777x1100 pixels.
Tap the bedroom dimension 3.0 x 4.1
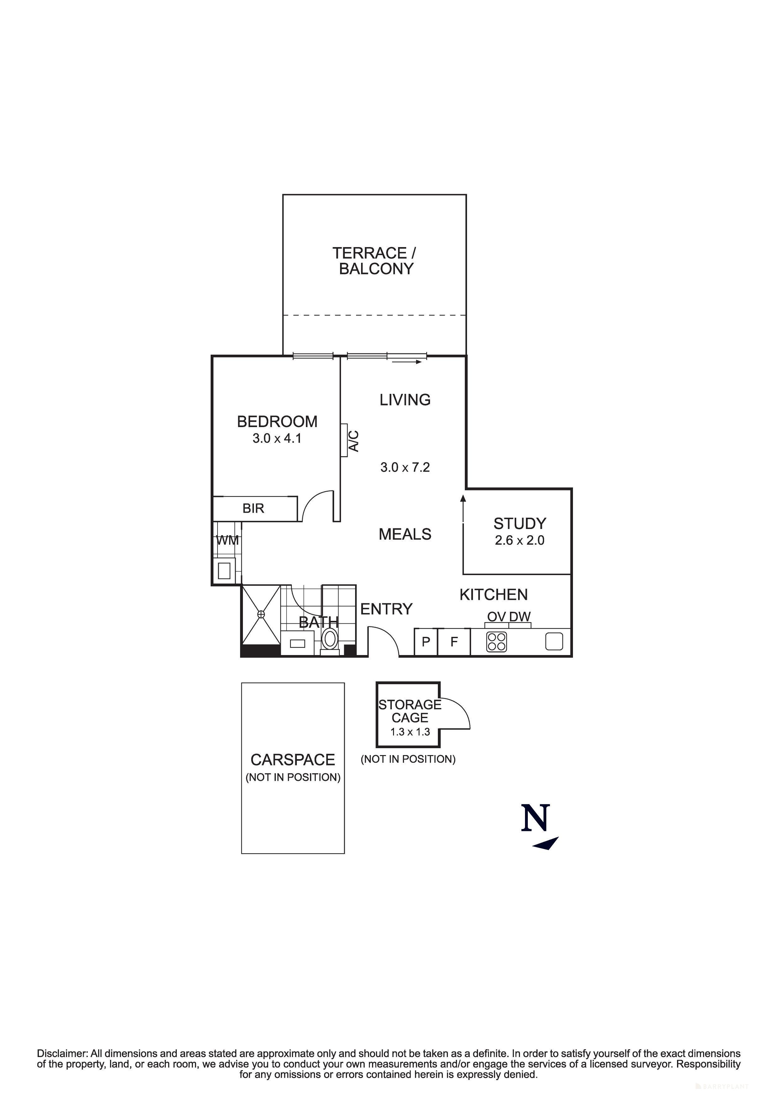(x=277, y=438)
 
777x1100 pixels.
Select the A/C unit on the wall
(x=344, y=440)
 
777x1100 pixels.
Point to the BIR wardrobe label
(x=253, y=508)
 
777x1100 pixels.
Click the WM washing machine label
(x=228, y=540)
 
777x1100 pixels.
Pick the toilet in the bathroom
(x=329, y=639)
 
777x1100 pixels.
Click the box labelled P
(x=426, y=642)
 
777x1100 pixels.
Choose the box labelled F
(x=454, y=642)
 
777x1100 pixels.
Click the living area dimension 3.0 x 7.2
(x=405, y=468)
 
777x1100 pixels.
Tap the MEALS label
(x=405, y=534)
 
